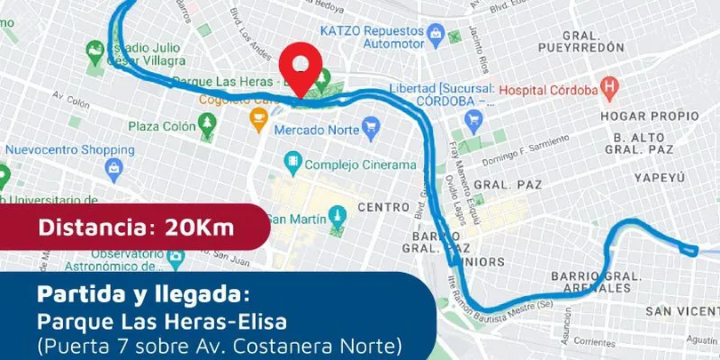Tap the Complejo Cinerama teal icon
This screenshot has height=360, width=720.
pos(291,164)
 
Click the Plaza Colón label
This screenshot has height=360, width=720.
pos(161,126)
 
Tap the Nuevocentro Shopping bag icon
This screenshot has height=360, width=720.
pos(113,167)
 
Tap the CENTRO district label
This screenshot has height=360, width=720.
pos(383,207)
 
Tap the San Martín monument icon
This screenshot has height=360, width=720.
pos(336,216)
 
